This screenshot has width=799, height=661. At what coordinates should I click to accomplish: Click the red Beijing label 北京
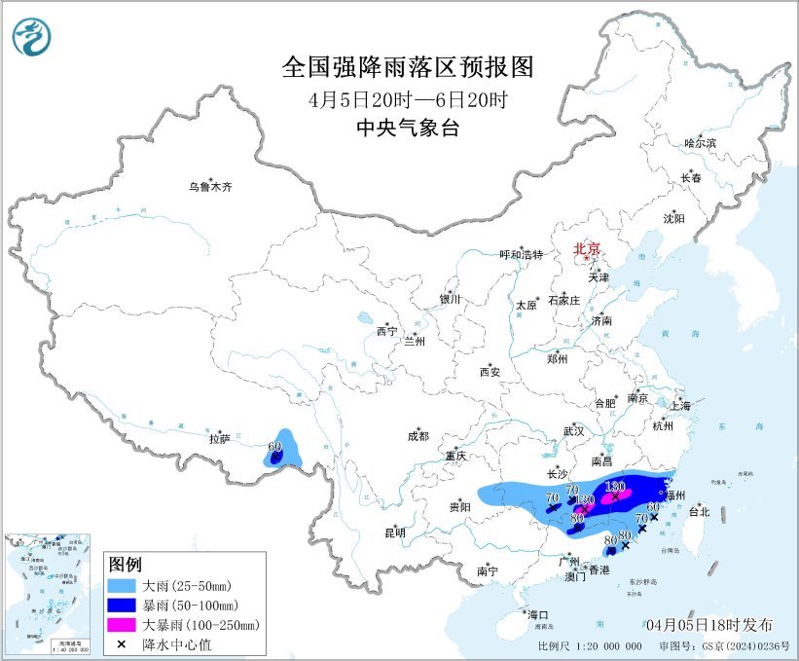tap(588, 248)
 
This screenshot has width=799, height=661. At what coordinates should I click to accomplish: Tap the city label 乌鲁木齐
tap(211, 187)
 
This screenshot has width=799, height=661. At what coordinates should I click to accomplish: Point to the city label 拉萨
tap(219, 439)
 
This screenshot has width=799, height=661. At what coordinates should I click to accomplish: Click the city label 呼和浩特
tap(524, 254)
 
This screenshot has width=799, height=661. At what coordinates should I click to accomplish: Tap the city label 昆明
tap(395, 532)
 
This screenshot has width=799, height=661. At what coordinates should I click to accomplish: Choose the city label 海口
tap(538, 614)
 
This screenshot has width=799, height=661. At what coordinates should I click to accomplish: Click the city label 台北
tap(699, 510)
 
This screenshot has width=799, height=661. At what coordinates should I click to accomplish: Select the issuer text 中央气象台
tap(408, 128)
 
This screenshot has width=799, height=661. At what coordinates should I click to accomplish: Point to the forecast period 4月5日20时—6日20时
tap(408, 98)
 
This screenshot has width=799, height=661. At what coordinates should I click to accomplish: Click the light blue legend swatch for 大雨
tap(123, 587)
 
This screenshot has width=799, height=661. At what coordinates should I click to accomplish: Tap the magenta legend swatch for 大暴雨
tap(123, 624)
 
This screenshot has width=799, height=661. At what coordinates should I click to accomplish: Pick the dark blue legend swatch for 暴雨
tap(123, 606)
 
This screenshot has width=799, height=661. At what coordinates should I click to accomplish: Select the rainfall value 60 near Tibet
tap(274, 448)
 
